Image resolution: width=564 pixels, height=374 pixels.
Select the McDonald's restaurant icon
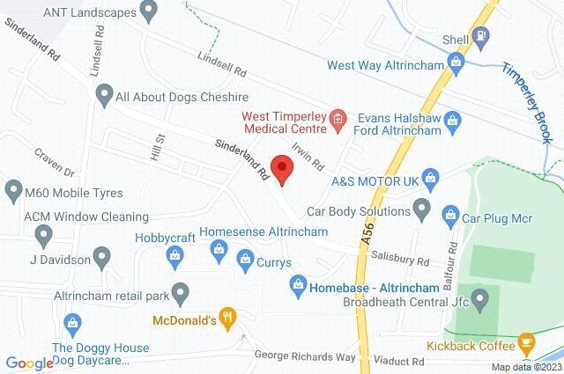click(227, 319)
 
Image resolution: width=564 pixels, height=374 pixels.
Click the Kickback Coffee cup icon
click(526, 341)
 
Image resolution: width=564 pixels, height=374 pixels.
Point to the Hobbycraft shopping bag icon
click(174, 255)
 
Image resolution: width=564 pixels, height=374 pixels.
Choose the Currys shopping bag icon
click(245, 258)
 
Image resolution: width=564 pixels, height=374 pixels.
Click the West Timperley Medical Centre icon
click(337, 120)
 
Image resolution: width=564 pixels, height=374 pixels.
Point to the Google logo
click(28, 363)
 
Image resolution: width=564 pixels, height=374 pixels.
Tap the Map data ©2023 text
click(525, 367)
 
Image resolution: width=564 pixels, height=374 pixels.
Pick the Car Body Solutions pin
click(422, 210)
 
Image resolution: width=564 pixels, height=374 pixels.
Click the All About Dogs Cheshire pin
click(105, 93)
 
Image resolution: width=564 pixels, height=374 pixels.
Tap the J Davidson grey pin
click(102, 259)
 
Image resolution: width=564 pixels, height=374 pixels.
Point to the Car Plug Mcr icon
click(449, 212)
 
